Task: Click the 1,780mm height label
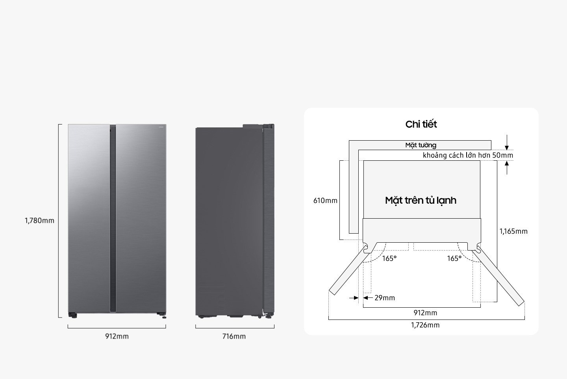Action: tap(39, 221)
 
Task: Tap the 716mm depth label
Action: tap(234, 336)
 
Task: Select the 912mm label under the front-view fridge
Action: tap(117, 336)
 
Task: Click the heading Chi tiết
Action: tap(421, 124)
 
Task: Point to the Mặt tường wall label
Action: tap(421, 145)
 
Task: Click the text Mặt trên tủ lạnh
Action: tap(421, 200)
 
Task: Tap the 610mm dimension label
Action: tap(325, 201)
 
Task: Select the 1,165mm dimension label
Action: tap(513, 231)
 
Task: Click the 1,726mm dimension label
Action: tap(425, 325)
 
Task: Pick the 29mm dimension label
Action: tap(384, 298)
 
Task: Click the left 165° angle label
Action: tap(389, 258)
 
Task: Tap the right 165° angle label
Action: tap(454, 258)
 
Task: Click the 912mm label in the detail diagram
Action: tap(425, 313)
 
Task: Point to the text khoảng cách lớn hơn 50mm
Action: tap(468, 155)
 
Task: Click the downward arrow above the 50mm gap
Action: tap(507, 143)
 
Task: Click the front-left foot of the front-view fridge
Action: tap(72, 315)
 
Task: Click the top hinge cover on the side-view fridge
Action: tap(258, 126)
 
